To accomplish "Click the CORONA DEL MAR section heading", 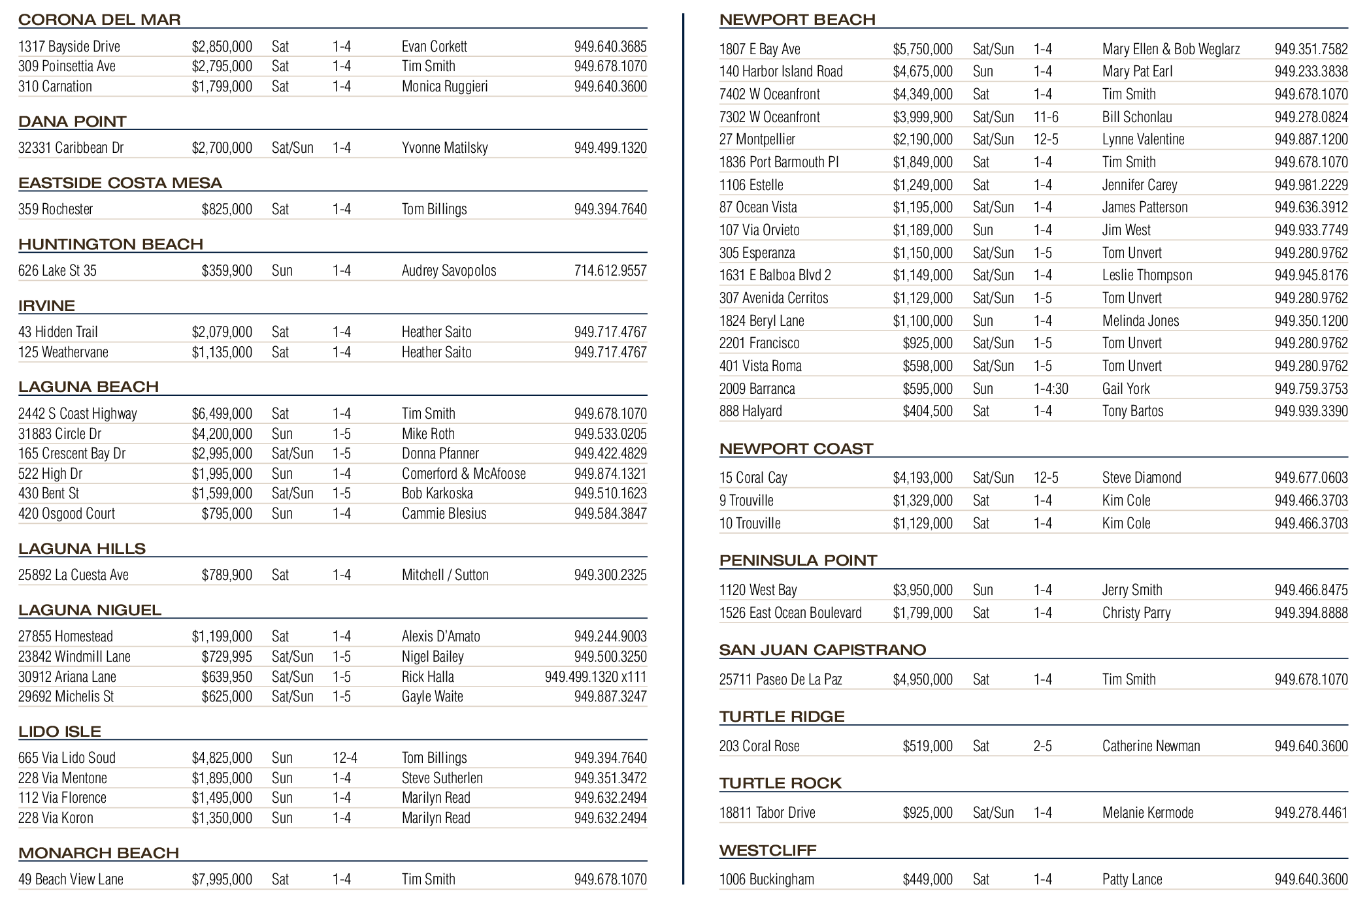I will (x=99, y=20).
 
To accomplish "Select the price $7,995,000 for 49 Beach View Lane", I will (x=222, y=879).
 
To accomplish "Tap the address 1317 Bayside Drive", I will (x=69, y=46).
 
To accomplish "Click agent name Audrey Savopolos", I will (x=449, y=270).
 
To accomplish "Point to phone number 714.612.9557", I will (x=610, y=270).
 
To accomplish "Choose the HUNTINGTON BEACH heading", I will (x=110, y=244).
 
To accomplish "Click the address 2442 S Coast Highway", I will (x=78, y=413).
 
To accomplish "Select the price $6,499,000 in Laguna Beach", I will (x=222, y=413).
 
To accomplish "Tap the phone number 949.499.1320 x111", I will (x=595, y=677).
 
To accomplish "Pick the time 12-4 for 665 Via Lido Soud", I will (x=345, y=758).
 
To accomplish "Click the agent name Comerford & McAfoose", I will (x=463, y=474).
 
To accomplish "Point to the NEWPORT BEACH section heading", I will (x=797, y=20).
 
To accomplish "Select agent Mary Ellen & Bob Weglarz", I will (x=1171, y=49).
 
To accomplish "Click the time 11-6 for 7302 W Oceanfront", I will (x=1046, y=117).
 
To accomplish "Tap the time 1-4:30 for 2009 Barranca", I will (x=1051, y=389).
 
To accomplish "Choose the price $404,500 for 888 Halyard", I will (x=927, y=411).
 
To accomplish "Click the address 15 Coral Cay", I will (x=753, y=477).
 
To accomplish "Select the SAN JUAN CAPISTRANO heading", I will (x=823, y=650).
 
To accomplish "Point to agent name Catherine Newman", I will (x=1151, y=746).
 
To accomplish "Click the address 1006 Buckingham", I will (x=767, y=879).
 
